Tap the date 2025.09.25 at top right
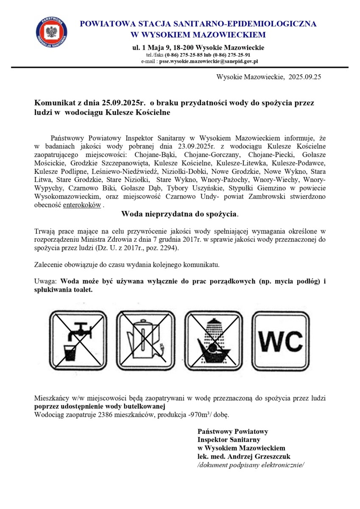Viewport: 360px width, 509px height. [x=305, y=77]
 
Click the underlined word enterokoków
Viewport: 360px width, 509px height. [x=82, y=205]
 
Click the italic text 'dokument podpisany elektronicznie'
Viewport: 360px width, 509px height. [x=251, y=465]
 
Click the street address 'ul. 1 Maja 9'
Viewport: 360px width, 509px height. [x=151, y=47]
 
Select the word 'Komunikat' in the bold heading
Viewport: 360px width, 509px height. [x=53, y=103]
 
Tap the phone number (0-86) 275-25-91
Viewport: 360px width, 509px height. [x=232, y=55]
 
